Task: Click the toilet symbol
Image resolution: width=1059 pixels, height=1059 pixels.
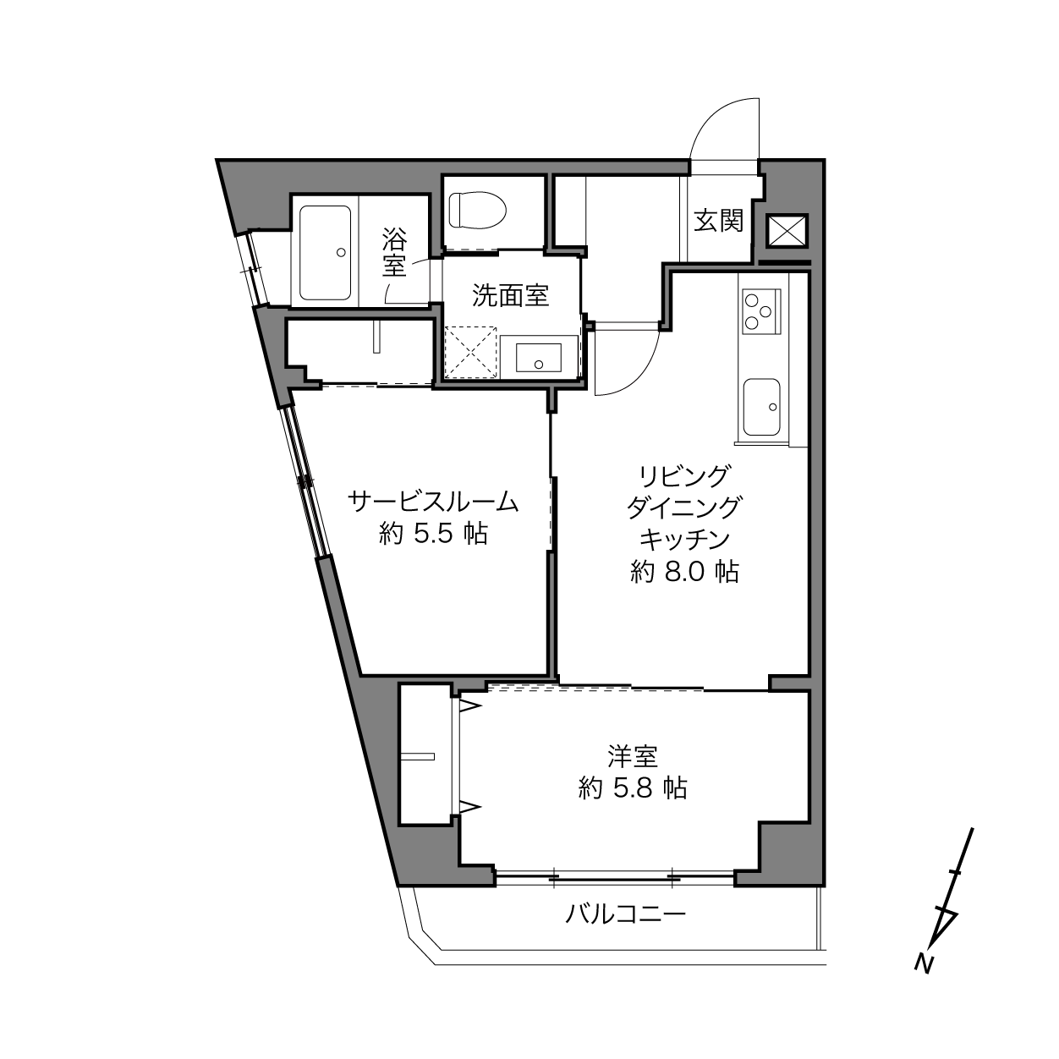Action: (x=477, y=210)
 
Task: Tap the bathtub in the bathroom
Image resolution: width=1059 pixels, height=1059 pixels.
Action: (x=325, y=253)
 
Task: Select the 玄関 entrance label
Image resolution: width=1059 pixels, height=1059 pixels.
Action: (x=718, y=221)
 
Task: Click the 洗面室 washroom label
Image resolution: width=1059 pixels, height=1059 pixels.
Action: (x=511, y=296)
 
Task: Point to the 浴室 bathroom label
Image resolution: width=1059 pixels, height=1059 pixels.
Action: (x=394, y=253)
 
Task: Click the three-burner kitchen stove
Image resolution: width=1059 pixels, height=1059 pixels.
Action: (x=761, y=311)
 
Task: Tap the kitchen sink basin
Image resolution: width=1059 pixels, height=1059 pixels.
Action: (x=761, y=407)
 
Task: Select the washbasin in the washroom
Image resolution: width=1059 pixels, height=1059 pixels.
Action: (x=538, y=357)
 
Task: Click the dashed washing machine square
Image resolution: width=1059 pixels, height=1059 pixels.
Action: (x=471, y=353)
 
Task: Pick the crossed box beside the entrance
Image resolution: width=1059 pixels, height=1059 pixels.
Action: (x=787, y=231)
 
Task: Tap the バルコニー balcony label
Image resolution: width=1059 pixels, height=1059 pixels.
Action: (x=626, y=914)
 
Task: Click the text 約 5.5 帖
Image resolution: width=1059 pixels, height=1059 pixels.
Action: (x=433, y=533)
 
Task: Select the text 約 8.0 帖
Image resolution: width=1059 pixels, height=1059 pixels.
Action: (x=683, y=572)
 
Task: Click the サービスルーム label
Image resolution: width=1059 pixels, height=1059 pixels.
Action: (x=433, y=502)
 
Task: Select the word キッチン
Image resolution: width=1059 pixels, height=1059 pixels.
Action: (x=684, y=540)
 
